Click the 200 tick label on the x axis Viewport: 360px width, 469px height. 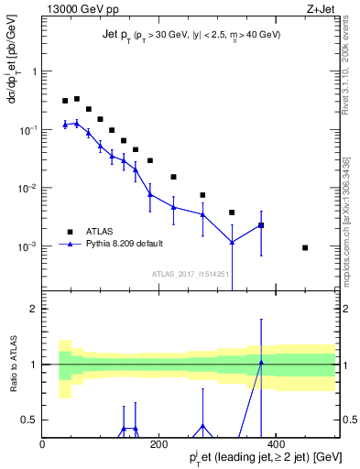click(x=159, y=444)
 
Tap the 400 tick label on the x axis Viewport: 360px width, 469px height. click(x=277, y=444)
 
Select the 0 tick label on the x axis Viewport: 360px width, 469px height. click(x=42, y=444)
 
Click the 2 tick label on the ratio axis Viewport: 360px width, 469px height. click(x=33, y=309)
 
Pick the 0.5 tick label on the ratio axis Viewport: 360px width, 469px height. click(x=29, y=420)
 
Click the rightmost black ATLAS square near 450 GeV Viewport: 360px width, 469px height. click(x=305, y=247)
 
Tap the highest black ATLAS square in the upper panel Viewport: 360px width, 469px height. click(x=77, y=99)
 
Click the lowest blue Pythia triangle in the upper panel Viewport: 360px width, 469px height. click(x=232, y=242)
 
